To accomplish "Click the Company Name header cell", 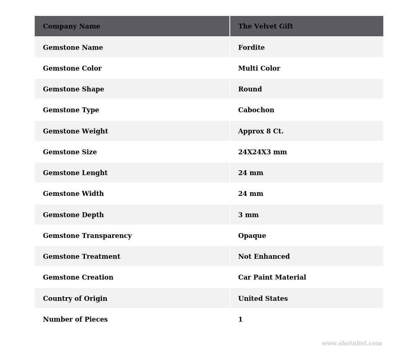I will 71,27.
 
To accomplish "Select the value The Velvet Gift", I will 265,27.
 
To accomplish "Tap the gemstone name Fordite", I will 251,48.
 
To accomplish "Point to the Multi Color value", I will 259,69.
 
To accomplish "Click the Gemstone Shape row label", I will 73,89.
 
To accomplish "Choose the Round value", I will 250,89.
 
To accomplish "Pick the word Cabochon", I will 256,110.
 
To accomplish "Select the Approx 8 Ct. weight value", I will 260,131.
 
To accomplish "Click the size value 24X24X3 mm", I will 262,152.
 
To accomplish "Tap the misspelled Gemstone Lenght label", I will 75,173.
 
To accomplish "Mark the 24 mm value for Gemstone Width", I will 250,194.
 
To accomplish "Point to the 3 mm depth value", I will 248,215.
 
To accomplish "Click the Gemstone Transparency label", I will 87,236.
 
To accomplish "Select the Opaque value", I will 252,236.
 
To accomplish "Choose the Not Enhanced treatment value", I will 264,257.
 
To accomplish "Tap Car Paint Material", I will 272,278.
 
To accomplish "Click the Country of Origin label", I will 75,299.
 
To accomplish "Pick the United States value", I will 263,299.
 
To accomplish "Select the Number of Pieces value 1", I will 240,320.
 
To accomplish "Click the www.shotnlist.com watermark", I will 351,344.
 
